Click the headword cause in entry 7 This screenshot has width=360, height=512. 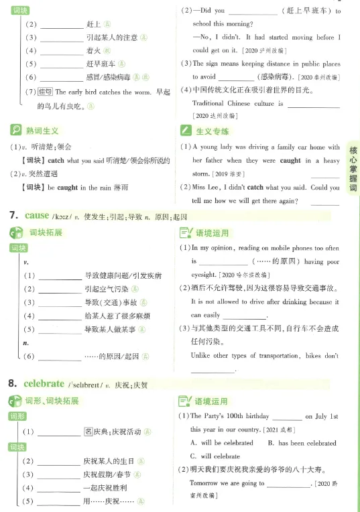37,216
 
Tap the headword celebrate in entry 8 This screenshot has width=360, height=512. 44,384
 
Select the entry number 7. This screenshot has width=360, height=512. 12,216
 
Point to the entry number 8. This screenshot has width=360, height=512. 12,384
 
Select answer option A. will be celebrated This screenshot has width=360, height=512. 222,444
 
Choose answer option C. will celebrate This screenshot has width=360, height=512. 216,456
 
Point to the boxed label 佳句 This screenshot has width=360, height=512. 46,92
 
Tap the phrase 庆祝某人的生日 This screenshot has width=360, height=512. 110,461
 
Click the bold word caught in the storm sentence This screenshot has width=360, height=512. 290,162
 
